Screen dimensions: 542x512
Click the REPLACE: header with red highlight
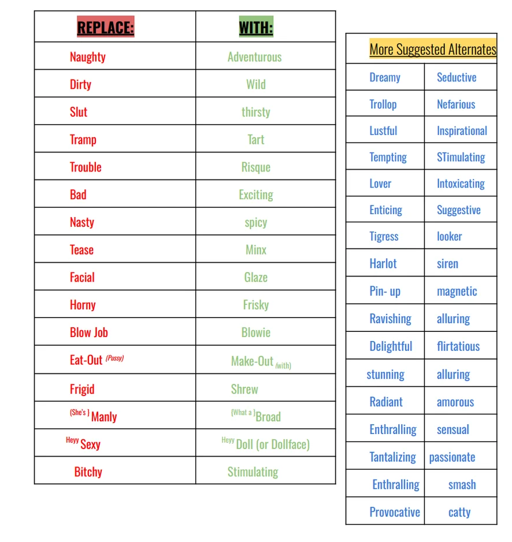(x=105, y=27)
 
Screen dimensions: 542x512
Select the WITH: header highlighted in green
(x=255, y=27)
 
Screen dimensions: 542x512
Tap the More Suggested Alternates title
(x=432, y=49)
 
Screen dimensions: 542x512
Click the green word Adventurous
(x=254, y=57)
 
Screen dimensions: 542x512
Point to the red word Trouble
(x=86, y=167)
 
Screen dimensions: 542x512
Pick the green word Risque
(x=255, y=167)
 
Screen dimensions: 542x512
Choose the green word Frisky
(x=255, y=305)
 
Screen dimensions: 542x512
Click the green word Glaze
(x=255, y=277)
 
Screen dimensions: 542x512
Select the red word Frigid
(x=82, y=389)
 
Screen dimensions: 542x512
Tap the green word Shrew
(x=244, y=389)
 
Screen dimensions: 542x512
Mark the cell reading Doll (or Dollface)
(x=272, y=444)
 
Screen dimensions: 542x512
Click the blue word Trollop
(x=383, y=104)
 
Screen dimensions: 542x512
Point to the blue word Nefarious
(x=456, y=104)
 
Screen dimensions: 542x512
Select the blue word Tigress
(x=384, y=236)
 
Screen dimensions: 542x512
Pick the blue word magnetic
(x=457, y=291)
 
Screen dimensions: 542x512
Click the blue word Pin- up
(x=385, y=291)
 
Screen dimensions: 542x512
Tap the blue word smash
(x=462, y=485)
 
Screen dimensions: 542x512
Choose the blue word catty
(x=459, y=512)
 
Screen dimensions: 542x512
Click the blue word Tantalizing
(x=392, y=457)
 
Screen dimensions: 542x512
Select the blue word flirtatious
(x=458, y=346)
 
